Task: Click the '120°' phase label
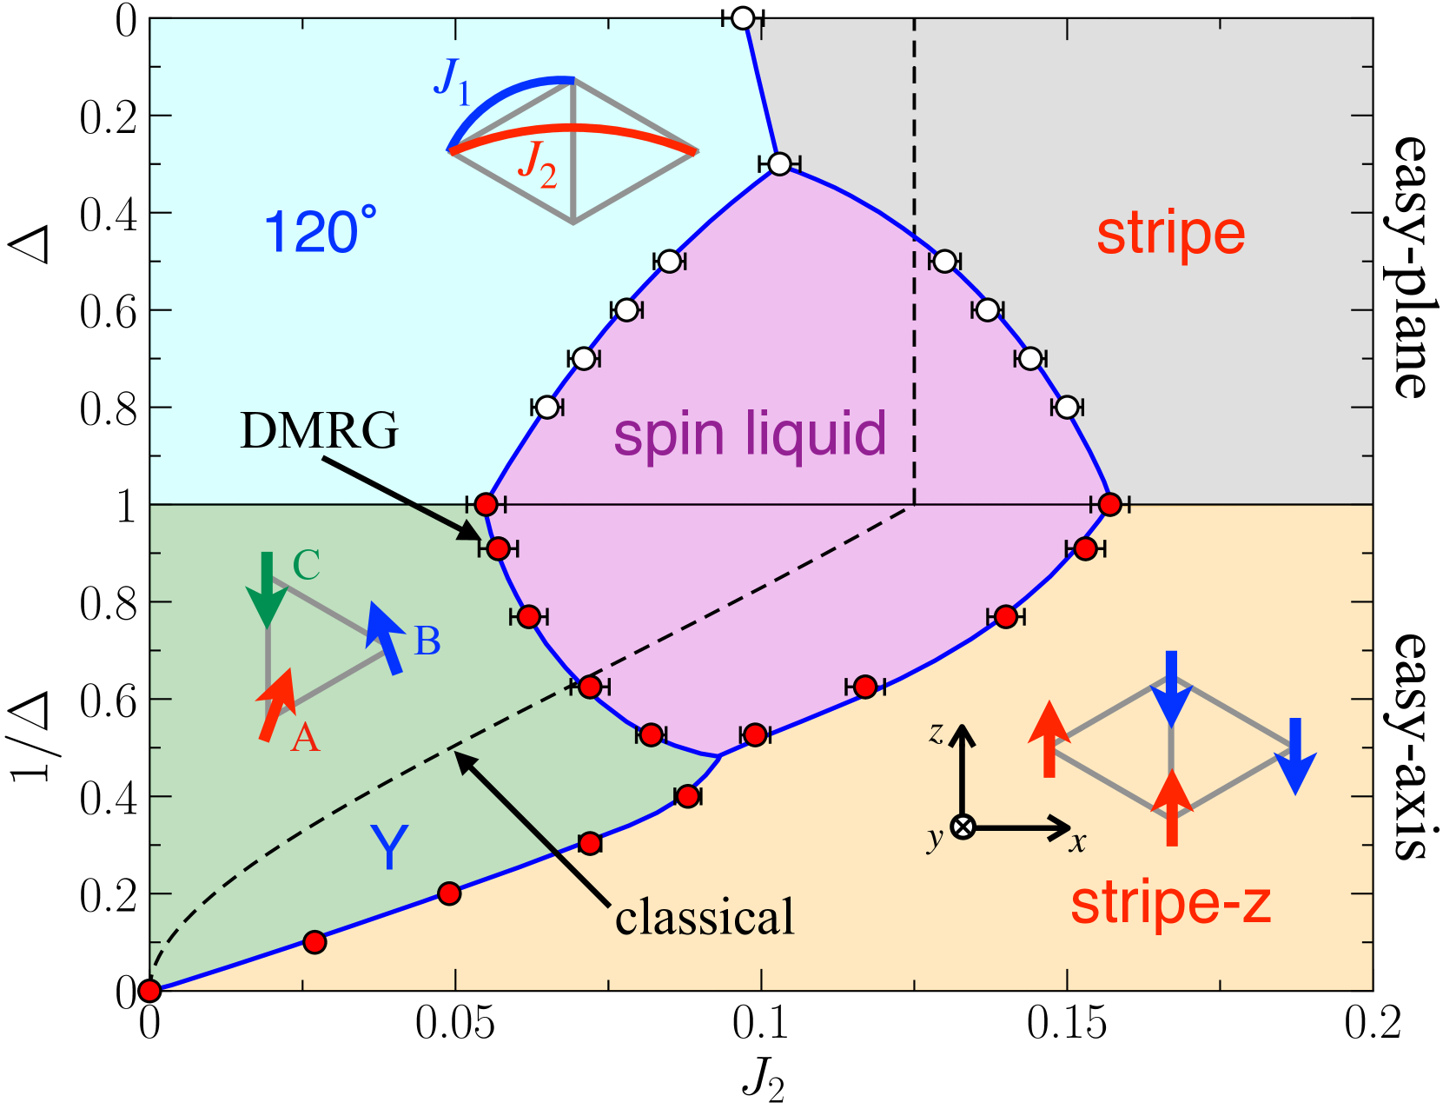pos(321,232)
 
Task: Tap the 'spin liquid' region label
pos(750,435)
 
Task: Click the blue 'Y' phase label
pos(388,847)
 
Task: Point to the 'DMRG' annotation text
pos(319,430)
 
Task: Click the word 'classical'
pos(705,918)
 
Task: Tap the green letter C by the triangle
pos(307,565)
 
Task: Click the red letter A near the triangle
pos(305,738)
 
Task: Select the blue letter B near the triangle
pos(427,641)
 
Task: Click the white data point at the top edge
pos(743,17)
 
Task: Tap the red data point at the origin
pos(149,990)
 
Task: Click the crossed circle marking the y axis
pos(962,827)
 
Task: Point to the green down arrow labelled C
pos(267,589)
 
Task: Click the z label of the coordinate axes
pos(936,734)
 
